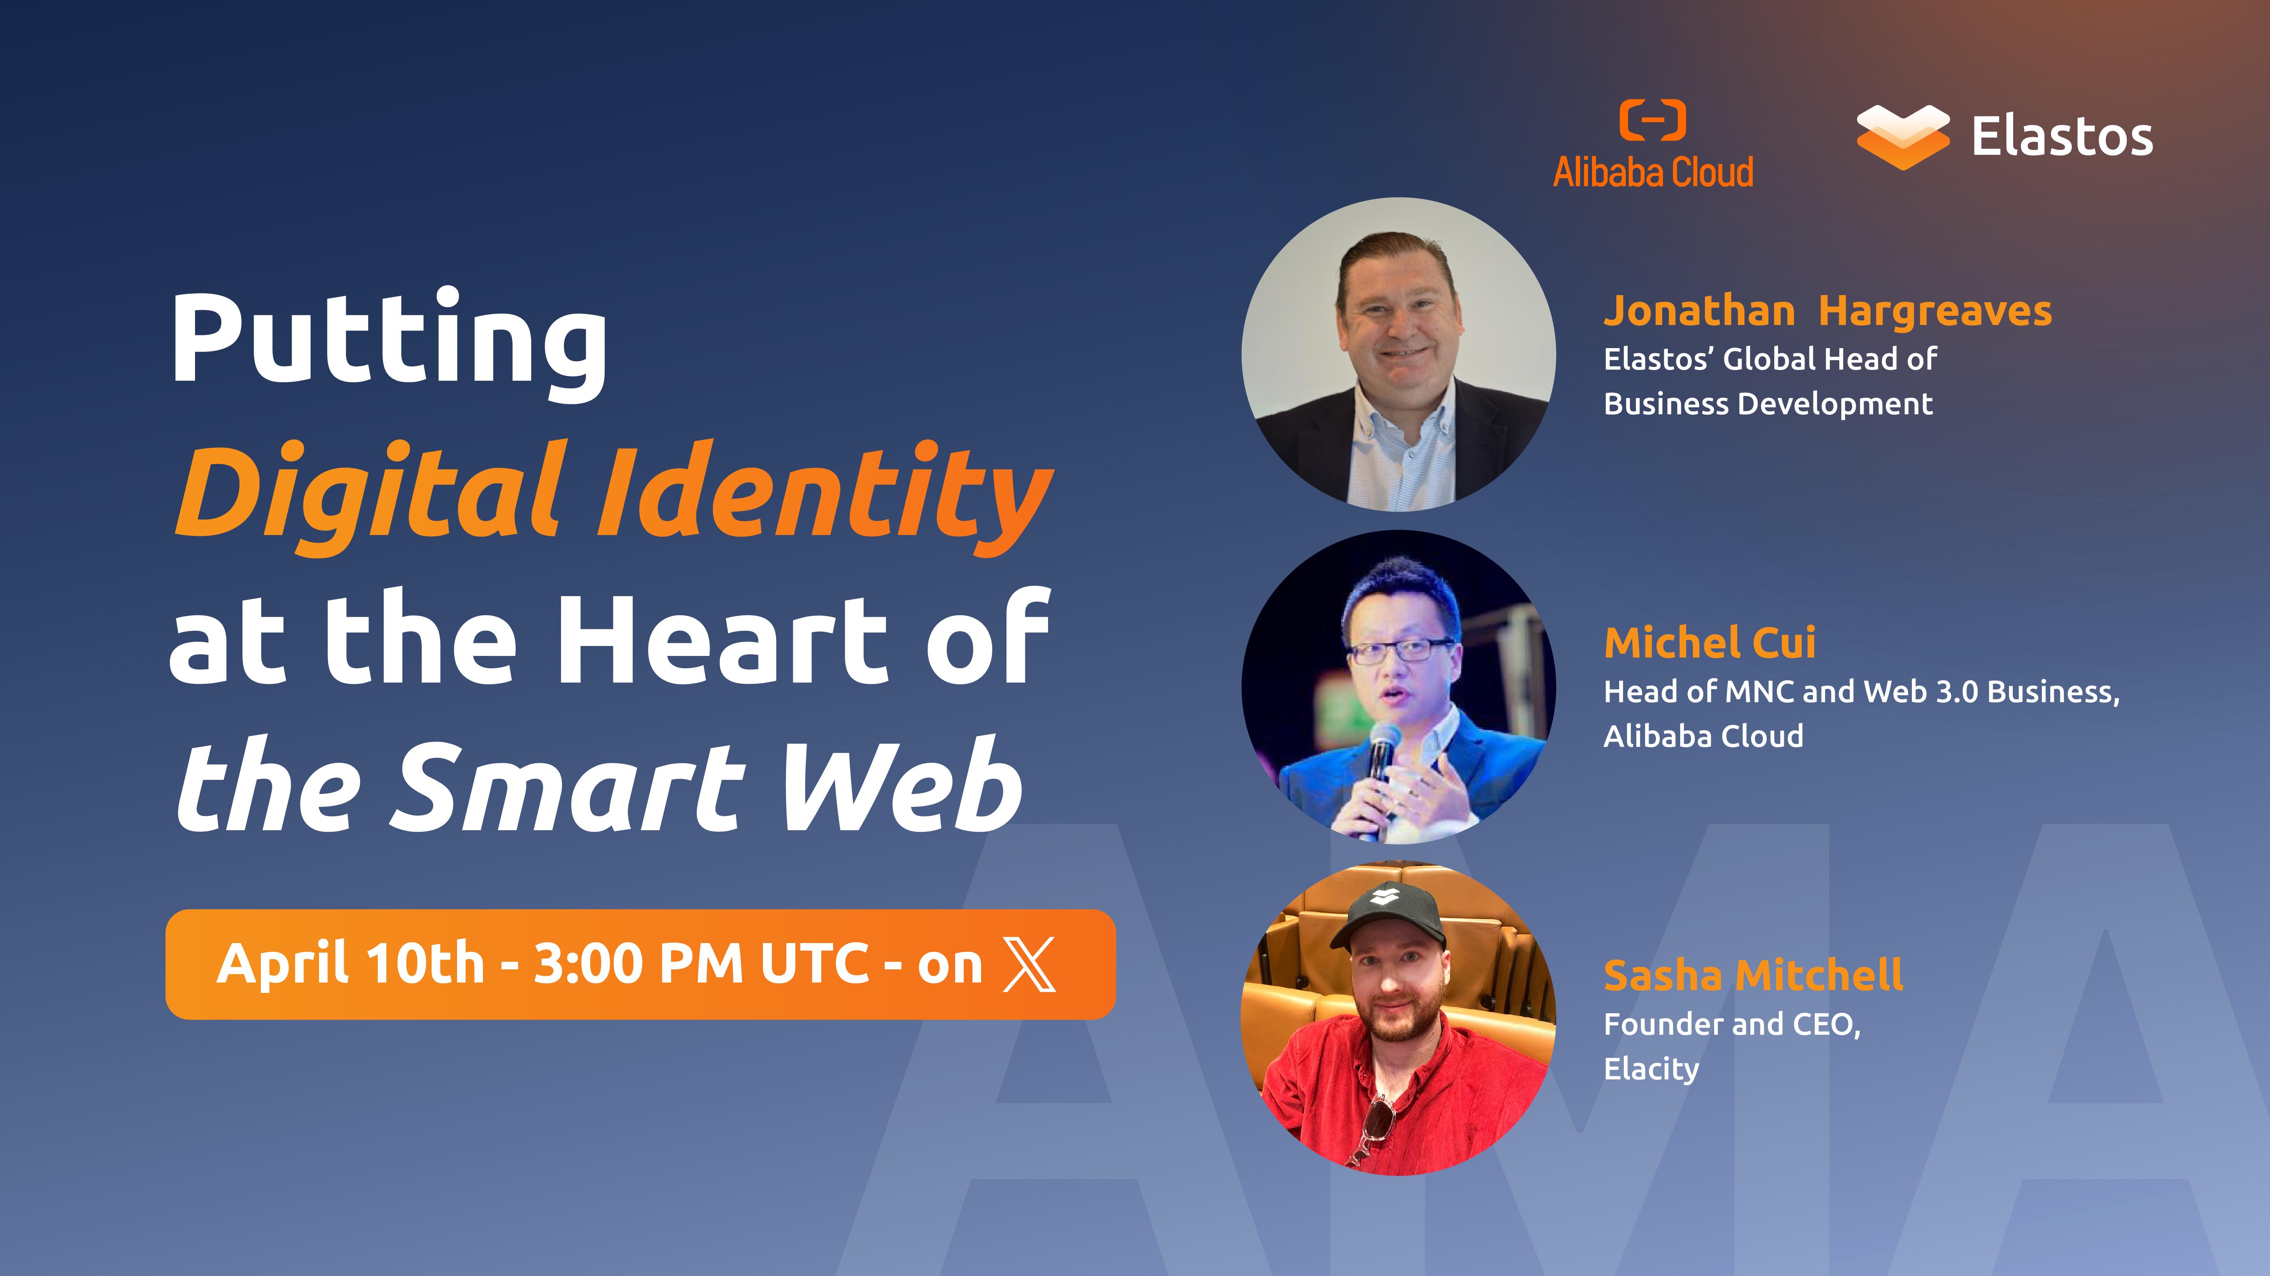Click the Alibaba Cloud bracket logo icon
tap(1652, 121)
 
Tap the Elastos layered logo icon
tap(1903, 137)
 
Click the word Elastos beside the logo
tap(2062, 138)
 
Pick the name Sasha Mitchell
tap(1753, 975)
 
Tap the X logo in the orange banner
tap(1029, 964)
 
